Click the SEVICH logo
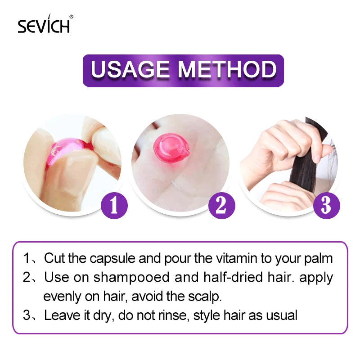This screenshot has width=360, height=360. click(x=44, y=25)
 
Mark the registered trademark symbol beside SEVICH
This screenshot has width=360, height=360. click(x=72, y=17)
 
